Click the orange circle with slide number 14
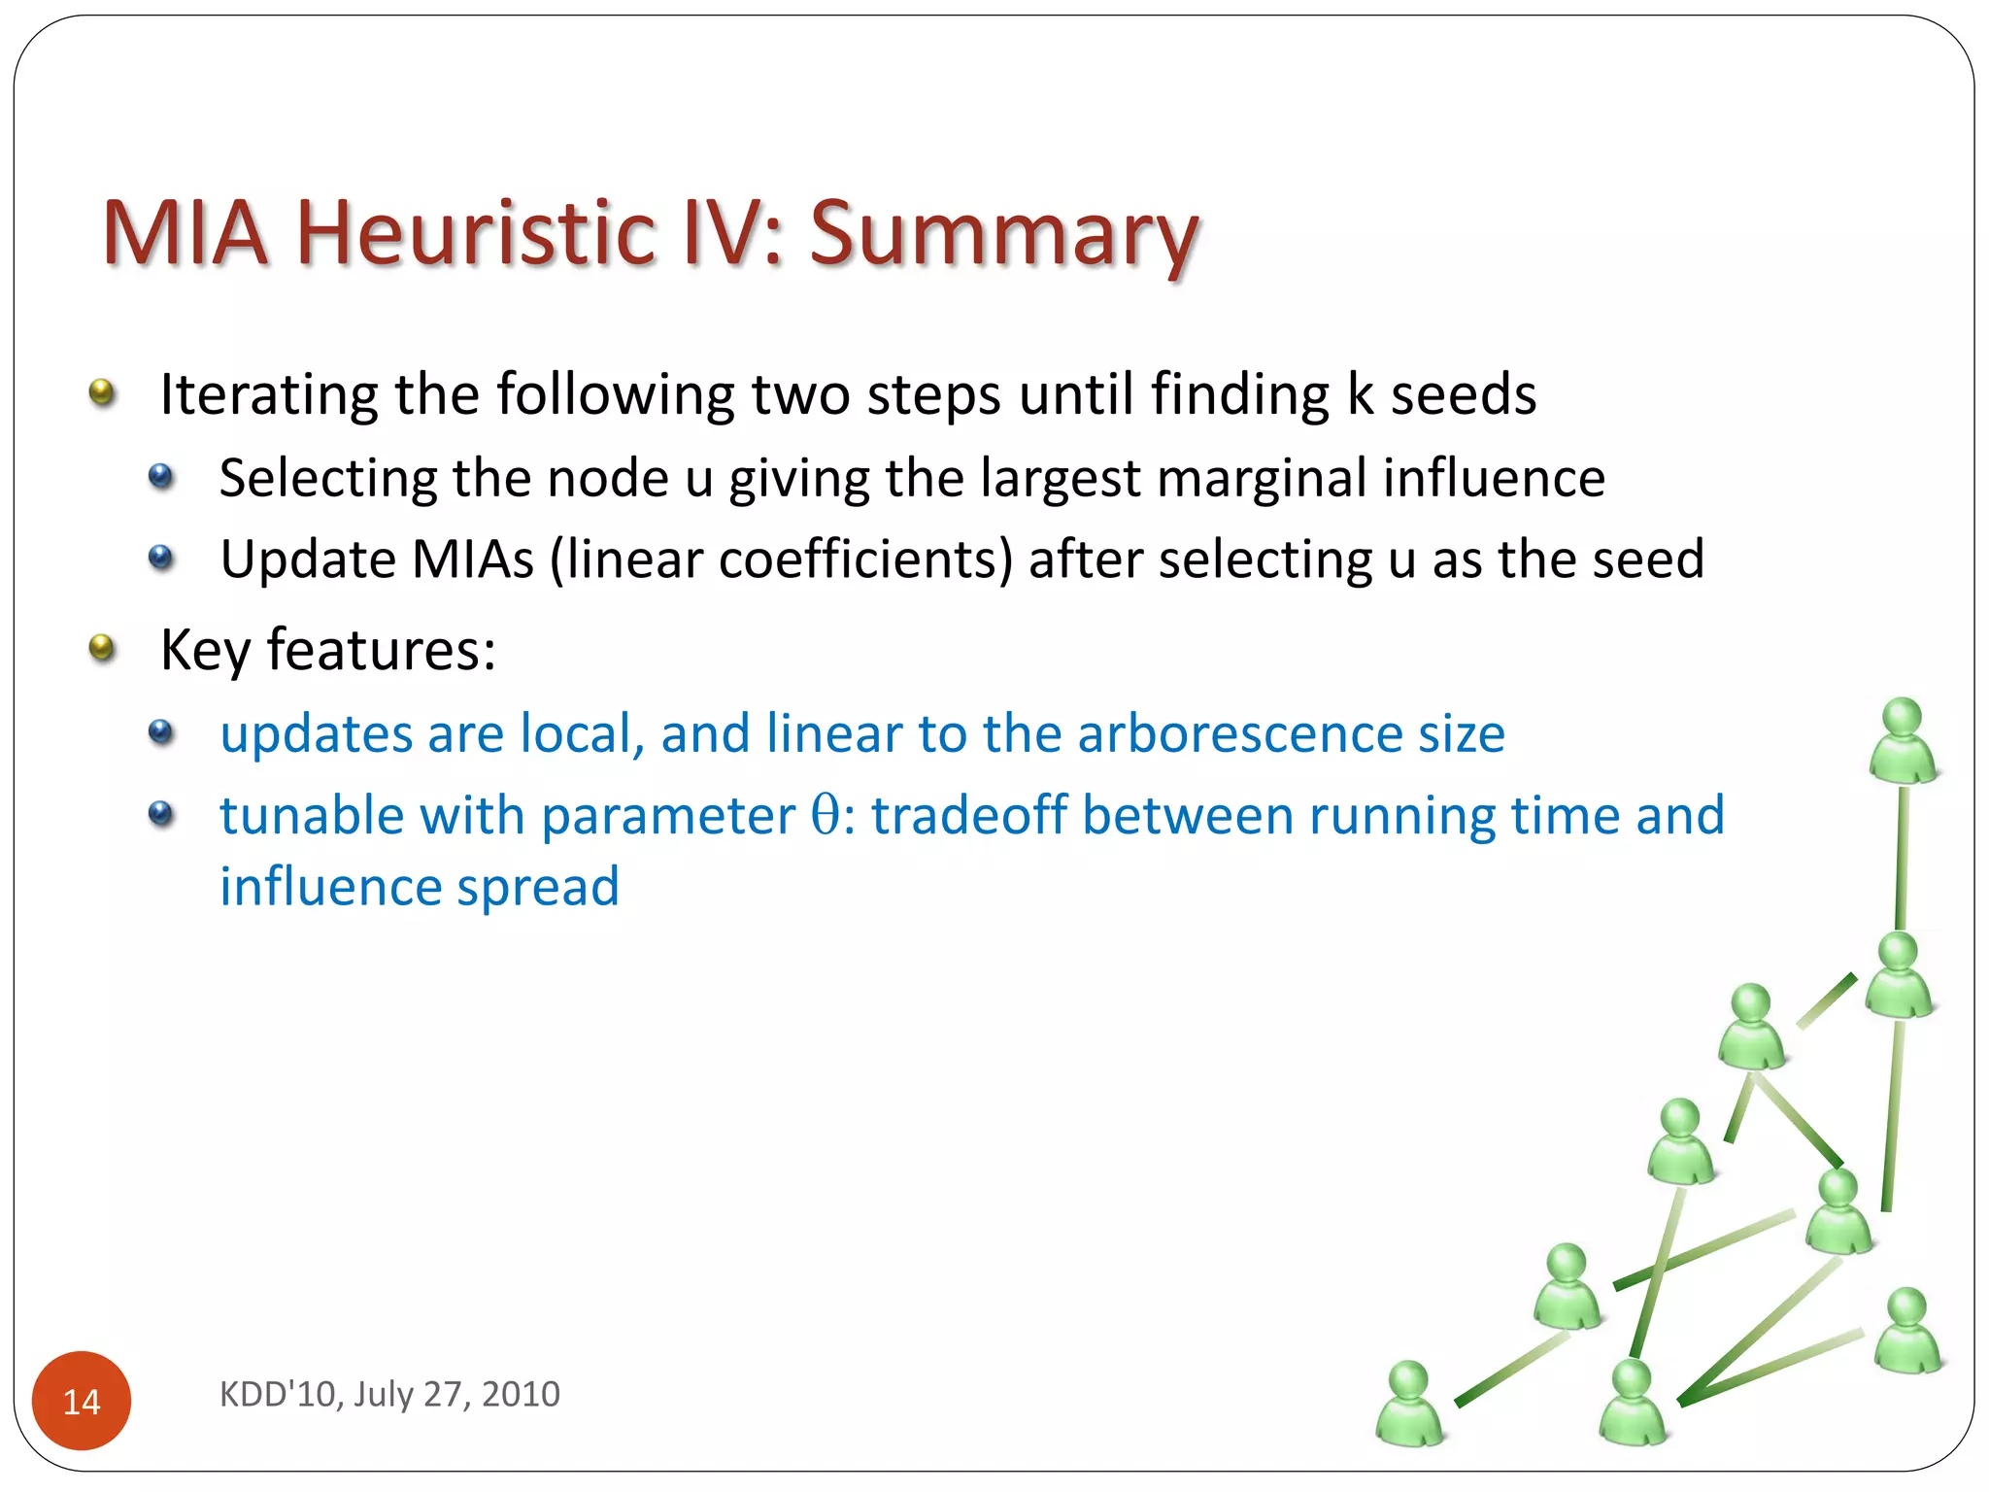82,1400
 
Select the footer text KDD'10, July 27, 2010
389,1394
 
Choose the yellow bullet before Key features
102,647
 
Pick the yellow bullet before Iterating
102,392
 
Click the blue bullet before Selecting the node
161,477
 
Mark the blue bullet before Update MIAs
161,559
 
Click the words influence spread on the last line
420,887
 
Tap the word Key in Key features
205,650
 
